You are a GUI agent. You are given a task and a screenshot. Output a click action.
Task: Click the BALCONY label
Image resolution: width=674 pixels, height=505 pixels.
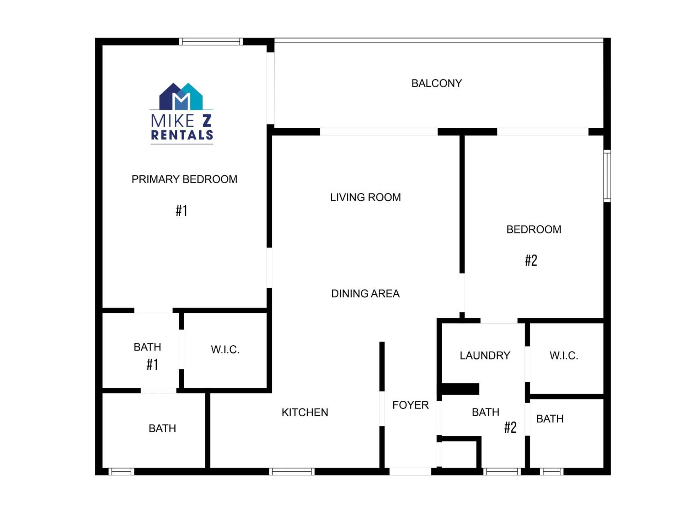pyautogui.click(x=436, y=83)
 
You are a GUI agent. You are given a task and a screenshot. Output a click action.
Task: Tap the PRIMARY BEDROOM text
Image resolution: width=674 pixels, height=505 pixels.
pyautogui.click(x=184, y=179)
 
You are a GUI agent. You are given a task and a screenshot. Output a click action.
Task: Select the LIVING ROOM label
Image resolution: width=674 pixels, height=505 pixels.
pyautogui.click(x=365, y=197)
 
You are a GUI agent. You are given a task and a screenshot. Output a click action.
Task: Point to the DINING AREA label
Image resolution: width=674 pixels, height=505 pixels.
pyautogui.click(x=365, y=294)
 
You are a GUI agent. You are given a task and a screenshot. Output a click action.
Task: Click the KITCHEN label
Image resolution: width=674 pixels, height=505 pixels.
pyautogui.click(x=305, y=412)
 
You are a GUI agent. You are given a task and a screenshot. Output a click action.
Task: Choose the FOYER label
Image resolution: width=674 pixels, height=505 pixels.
pyautogui.click(x=410, y=405)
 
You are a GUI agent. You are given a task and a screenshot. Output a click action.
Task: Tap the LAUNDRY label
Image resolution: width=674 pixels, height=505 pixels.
pyautogui.click(x=485, y=355)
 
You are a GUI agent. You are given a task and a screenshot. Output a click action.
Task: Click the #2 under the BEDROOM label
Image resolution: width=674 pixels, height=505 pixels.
pyautogui.click(x=531, y=260)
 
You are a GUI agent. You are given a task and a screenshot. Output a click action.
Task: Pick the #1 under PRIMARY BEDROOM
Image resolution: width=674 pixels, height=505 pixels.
pyautogui.click(x=181, y=210)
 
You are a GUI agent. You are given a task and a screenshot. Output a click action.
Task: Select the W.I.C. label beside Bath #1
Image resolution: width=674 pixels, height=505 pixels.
pyautogui.click(x=225, y=349)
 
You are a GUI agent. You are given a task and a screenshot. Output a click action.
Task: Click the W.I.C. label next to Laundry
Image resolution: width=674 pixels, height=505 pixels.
pyautogui.click(x=564, y=355)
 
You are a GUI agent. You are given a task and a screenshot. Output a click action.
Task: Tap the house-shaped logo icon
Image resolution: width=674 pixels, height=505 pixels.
pyautogui.click(x=181, y=96)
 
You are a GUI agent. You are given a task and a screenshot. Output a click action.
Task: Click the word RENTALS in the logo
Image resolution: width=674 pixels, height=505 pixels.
pyautogui.click(x=182, y=135)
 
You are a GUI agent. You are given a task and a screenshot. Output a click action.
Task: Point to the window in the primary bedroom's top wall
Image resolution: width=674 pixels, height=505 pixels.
pyautogui.click(x=211, y=41)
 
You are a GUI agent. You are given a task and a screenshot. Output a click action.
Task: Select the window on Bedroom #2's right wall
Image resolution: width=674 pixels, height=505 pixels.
pyautogui.click(x=607, y=176)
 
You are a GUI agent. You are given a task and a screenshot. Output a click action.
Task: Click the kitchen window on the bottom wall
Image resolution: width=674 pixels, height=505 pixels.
pyautogui.click(x=292, y=472)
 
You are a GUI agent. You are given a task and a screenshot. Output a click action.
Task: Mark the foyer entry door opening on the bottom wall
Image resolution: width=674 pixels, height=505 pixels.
pyautogui.click(x=410, y=471)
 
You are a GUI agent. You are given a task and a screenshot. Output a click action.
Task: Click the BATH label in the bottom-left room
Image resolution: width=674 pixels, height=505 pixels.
pyautogui.click(x=162, y=428)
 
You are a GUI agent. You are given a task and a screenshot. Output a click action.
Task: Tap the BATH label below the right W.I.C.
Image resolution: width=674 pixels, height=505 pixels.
pyautogui.click(x=550, y=419)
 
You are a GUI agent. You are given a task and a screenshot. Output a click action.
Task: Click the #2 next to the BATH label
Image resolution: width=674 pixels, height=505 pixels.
pyautogui.click(x=510, y=427)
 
